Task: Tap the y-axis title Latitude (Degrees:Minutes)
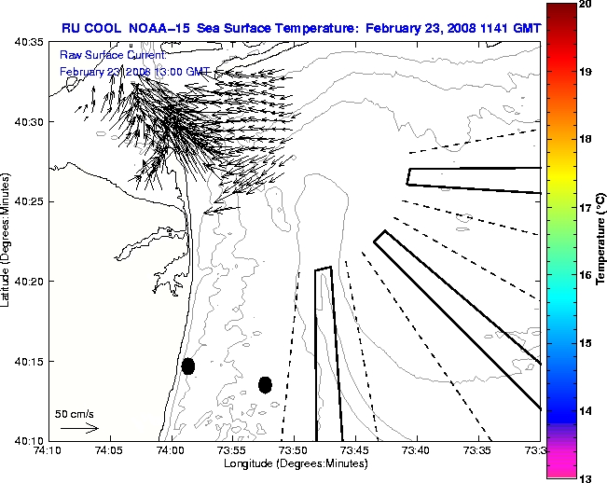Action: click(7, 241)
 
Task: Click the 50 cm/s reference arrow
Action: click(78, 428)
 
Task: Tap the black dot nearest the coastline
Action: click(188, 366)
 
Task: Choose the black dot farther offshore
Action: click(265, 384)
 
